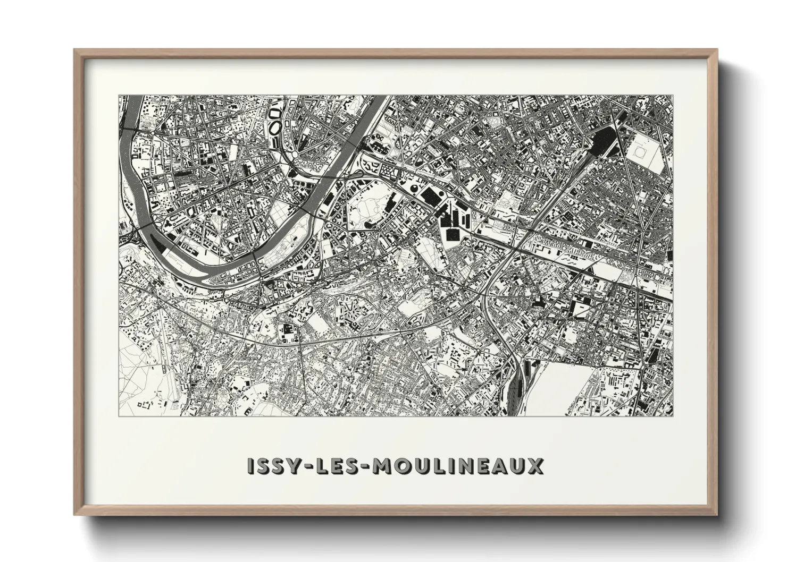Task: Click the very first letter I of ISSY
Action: (x=252, y=466)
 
